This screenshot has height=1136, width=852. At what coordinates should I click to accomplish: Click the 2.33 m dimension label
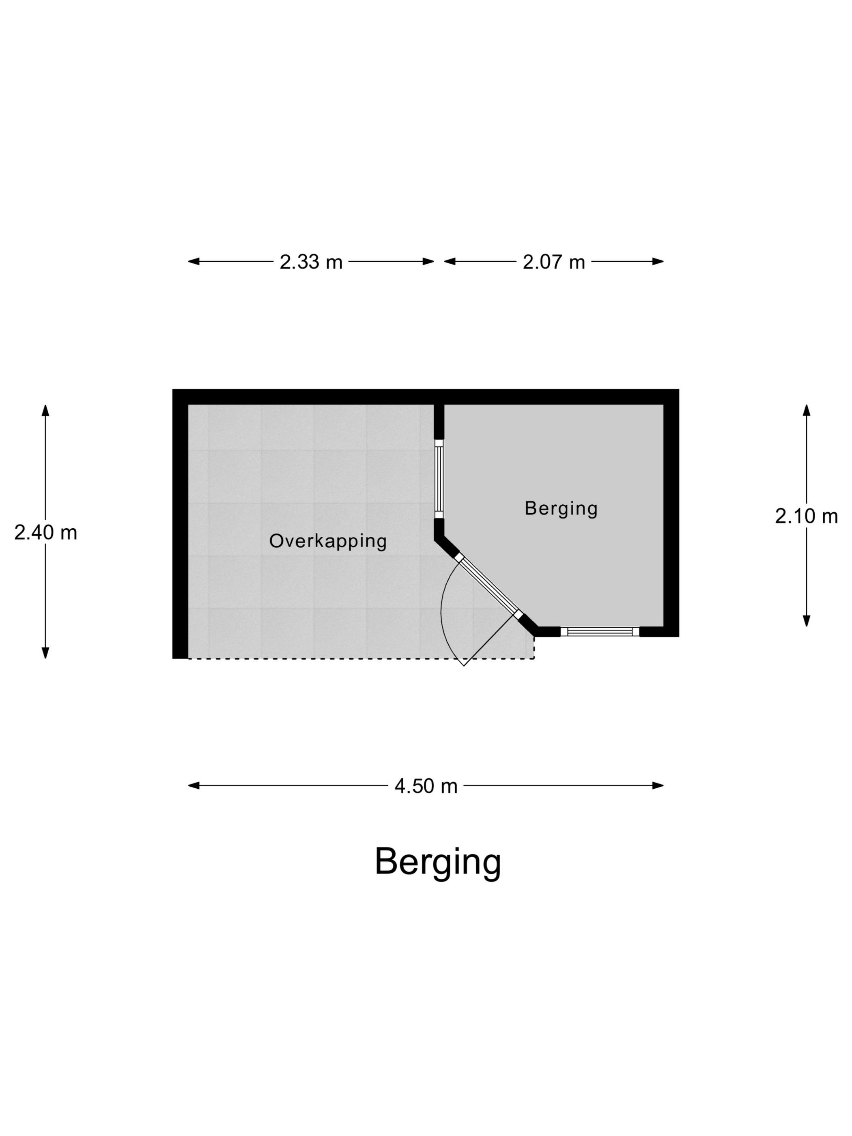coord(311,262)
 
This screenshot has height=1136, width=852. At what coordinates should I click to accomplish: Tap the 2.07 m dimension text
coord(554,262)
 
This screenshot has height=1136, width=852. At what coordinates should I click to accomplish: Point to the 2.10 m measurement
coord(806,516)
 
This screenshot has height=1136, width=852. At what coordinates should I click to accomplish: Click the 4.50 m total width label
coord(426,786)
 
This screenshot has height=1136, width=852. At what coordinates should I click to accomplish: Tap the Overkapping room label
coord(328,541)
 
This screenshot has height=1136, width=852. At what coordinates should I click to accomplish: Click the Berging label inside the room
coord(561,508)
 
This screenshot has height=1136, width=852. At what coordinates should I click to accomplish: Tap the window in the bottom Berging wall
coord(599,632)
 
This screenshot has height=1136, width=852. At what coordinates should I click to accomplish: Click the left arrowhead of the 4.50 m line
coord(194,786)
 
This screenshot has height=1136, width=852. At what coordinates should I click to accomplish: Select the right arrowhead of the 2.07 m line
coord(658,261)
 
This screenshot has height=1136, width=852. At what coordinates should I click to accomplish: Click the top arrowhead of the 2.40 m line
coord(45,410)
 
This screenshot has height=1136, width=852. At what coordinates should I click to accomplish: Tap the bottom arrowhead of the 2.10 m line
coord(806,621)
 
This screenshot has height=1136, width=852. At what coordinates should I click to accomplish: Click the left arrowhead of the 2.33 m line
coord(194,261)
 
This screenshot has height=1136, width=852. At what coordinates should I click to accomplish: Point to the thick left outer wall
coord(180,524)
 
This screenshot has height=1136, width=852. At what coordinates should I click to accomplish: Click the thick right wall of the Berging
coord(671,513)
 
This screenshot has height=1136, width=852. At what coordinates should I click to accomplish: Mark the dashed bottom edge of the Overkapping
coord(361,658)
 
